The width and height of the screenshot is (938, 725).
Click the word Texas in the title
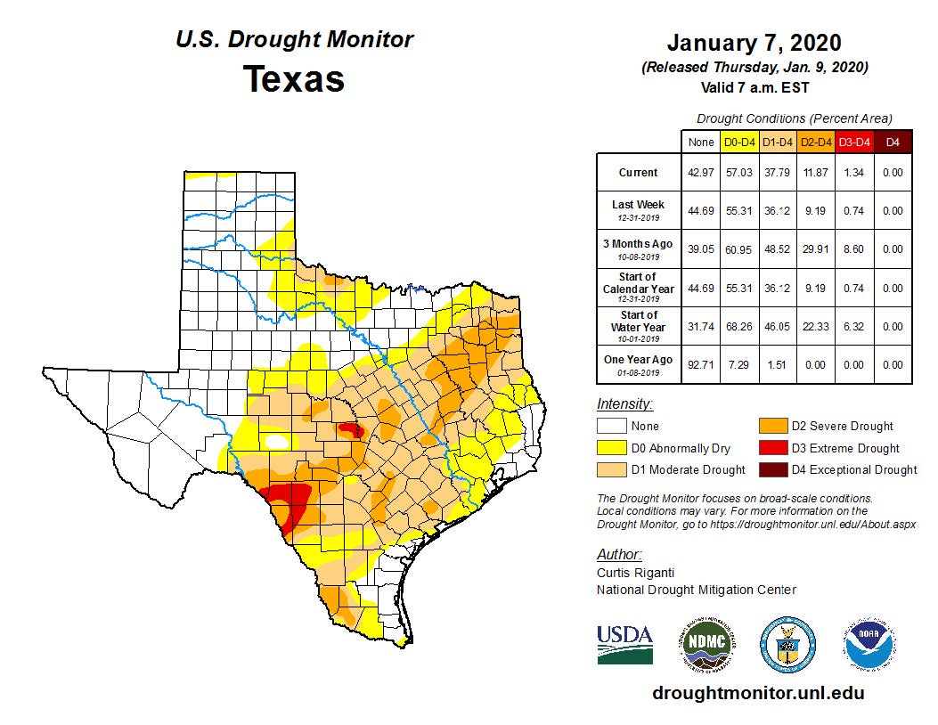(294, 79)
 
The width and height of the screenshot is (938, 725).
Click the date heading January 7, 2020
(754, 44)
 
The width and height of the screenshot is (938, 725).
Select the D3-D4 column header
(852, 142)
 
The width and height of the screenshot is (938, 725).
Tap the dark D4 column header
(892, 142)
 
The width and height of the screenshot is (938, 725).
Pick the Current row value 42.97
(701, 173)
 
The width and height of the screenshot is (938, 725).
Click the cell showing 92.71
(701, 364)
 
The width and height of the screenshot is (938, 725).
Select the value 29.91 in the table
(814, 249)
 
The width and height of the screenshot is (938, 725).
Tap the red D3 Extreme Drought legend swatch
(771, 448)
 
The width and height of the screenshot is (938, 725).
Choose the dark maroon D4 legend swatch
(771, 469)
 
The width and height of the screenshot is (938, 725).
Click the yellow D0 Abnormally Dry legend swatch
(610, 448)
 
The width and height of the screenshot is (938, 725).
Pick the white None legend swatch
(610, 427)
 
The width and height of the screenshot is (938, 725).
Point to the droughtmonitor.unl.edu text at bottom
(758, 692)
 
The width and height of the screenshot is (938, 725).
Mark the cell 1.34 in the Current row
(852, 173)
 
